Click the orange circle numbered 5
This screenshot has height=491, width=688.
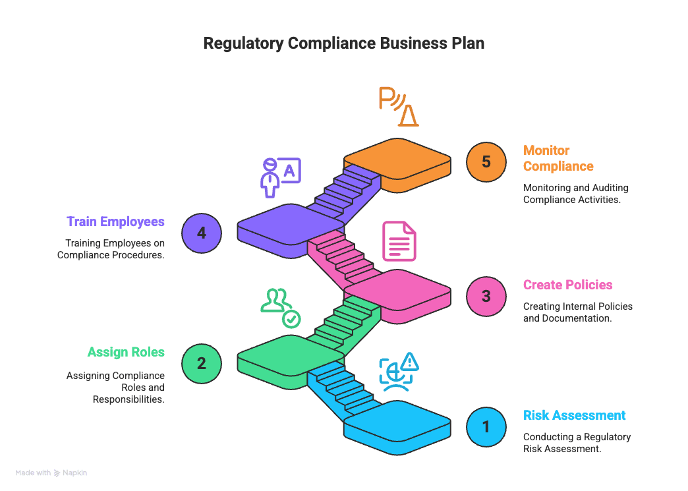pos(486,162)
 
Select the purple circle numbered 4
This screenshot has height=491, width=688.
pos(202,233)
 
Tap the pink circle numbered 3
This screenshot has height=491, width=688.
pos(486,296)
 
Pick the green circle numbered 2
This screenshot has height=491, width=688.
pos(202,363)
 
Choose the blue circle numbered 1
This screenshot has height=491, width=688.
pos(486,426)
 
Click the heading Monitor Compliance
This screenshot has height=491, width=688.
pos(558,158)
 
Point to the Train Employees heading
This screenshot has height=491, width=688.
pos(115,221)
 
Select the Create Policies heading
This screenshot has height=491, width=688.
pos(567,285)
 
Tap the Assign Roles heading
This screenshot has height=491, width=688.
pos(126,352)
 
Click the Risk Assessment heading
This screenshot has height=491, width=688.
pos(574,415)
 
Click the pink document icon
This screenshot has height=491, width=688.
pos(399,241)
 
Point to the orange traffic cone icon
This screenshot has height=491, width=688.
pos(407,115)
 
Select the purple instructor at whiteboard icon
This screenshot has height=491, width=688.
pos(280,177)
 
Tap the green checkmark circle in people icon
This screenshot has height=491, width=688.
pos(291,320)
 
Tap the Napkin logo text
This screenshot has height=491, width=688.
pos(74,473)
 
